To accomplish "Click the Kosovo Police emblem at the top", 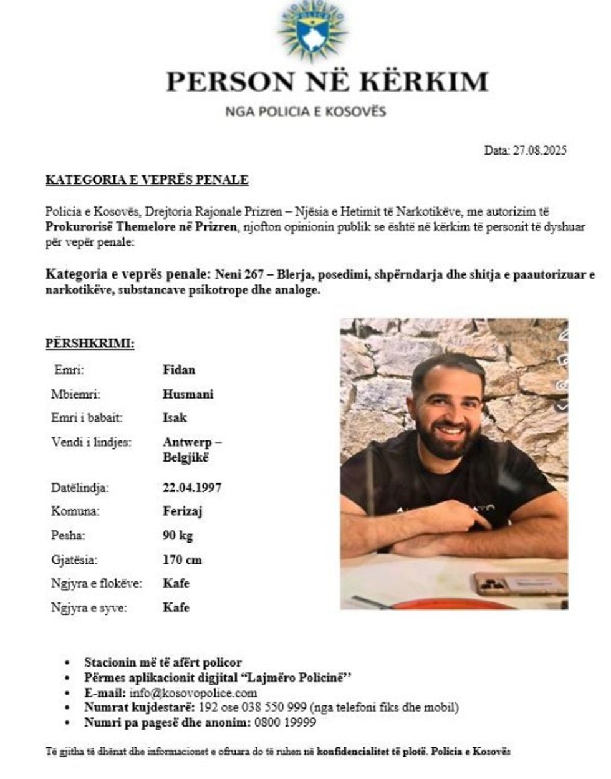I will pos(312,31).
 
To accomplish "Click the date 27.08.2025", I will pos(539,150).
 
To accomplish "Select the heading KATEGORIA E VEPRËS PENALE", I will pos(147,180).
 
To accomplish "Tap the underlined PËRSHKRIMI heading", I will pos(90,343).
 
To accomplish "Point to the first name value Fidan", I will pos(179,370).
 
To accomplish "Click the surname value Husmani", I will pos(188,394).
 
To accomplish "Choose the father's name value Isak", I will pos(175,418).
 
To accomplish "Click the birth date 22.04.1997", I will pos(191,487).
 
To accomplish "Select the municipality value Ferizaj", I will pos(182,511).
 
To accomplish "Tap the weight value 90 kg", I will pos(178,535).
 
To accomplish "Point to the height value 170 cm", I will pos(182,559).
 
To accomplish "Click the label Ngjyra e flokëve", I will pos(97,584).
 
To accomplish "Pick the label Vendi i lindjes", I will pos(91,442).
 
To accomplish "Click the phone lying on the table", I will pos(519,584).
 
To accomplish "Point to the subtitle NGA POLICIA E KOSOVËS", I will pos(305,112).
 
